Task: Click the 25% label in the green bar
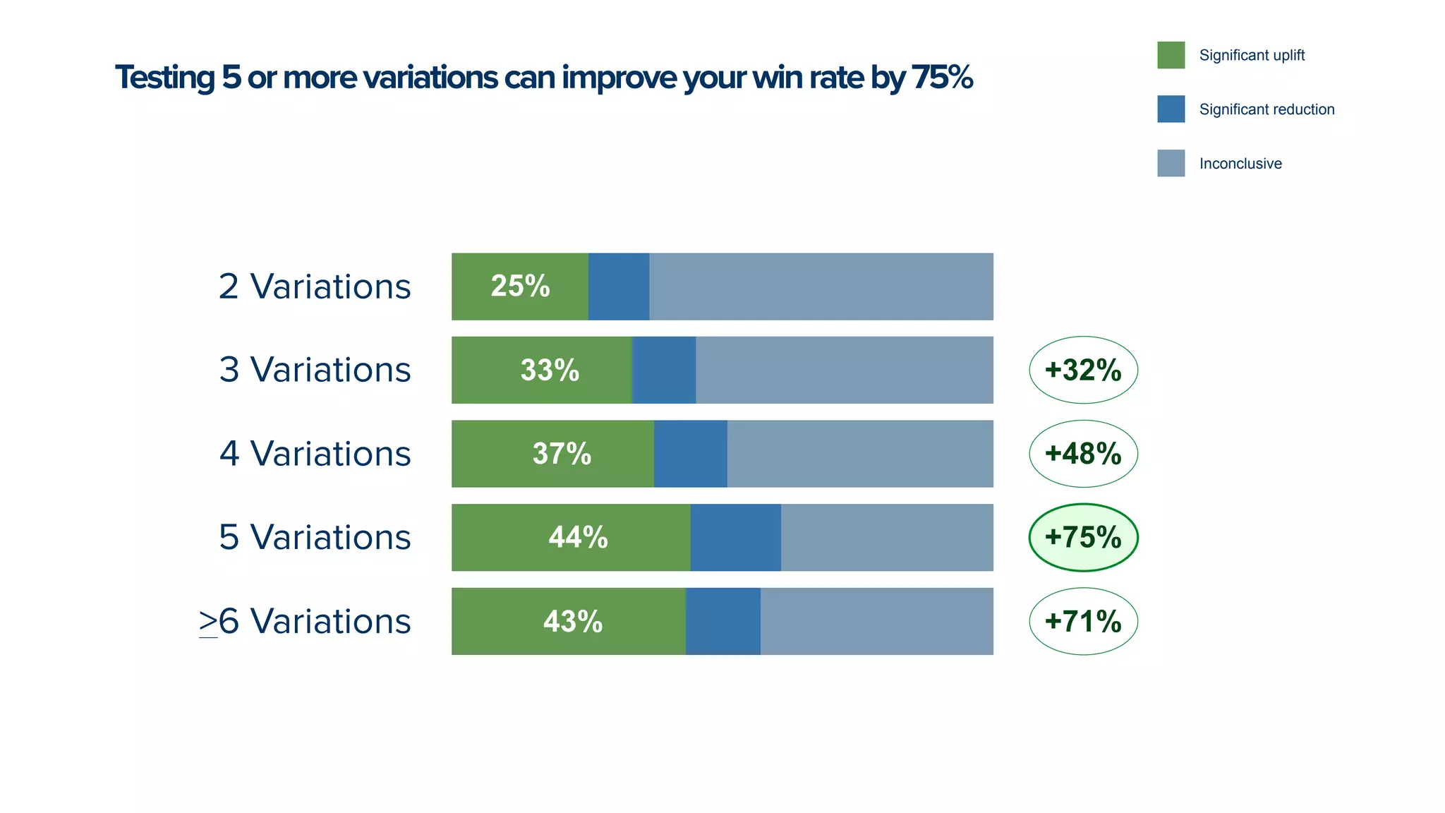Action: [x=520, y=286]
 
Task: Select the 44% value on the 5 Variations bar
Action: [x=578, y=538]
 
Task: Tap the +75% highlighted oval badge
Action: [x=1083, y=537]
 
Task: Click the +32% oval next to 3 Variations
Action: [x=1083, y=370]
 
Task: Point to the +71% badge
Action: [x=1083, y=621]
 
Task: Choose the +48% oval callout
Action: [x=1083, y=454]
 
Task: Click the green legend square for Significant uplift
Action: [x=1171, y=55]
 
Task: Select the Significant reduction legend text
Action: [x=1266, y=109]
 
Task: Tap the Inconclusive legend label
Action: [x=1240, y=164]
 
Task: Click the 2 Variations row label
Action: [x=315, y=287]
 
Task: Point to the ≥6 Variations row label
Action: [x=305, y=622]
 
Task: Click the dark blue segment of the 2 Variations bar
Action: [x=619, y=287]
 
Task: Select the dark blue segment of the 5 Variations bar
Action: [x=735, y=538]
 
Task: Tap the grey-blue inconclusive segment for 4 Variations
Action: [x=859, y=454]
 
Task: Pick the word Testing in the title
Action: [x=164, y=78]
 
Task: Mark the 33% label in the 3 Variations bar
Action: [x=550, y=370]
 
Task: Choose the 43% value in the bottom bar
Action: [x=572, y=622]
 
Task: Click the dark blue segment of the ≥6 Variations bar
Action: [x=722, y=622]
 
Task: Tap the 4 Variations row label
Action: [x=315, y=454]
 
